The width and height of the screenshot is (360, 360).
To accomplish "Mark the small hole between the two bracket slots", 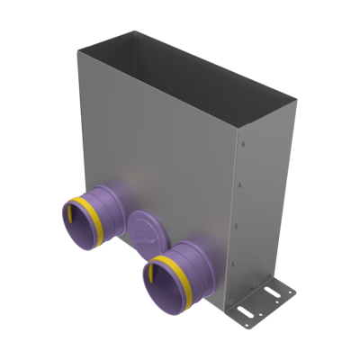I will pos(263,302).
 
